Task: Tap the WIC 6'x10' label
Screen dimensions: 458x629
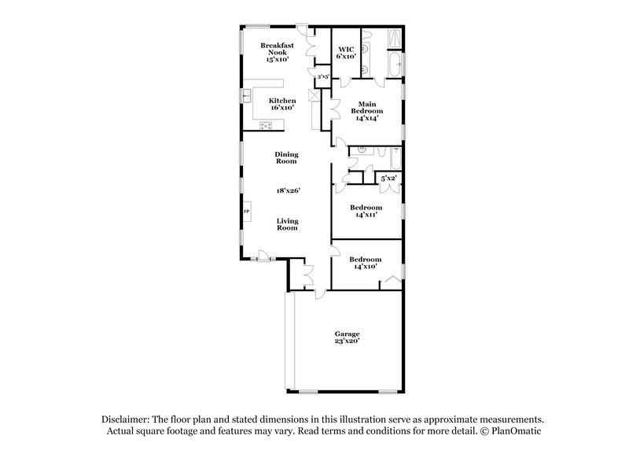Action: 345,54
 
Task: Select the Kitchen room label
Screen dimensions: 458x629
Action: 282,104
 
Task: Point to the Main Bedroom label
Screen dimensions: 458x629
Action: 366,111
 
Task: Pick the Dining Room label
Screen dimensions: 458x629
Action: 285,157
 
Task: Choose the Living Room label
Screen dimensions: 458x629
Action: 287,224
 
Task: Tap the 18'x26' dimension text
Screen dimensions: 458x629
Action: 287,190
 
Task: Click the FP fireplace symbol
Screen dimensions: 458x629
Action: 246,212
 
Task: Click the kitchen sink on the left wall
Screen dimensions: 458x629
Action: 246,97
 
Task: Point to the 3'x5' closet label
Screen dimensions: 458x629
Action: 322,77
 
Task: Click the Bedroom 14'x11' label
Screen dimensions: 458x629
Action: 366,211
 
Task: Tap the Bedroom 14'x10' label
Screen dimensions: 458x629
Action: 366,263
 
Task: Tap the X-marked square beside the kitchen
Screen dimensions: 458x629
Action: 314,95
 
